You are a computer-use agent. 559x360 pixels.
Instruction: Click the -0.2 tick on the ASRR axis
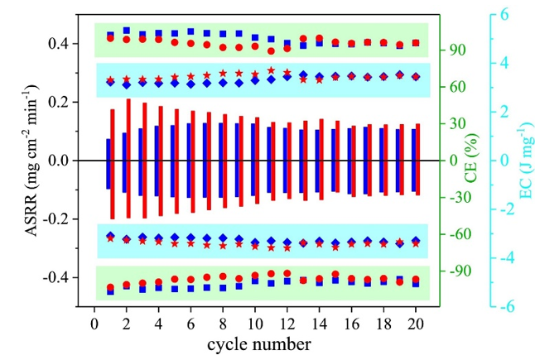60,219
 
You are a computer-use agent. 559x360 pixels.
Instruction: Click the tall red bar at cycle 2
128,158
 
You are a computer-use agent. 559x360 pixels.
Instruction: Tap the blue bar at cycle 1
108,164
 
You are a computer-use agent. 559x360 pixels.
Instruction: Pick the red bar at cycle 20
418,159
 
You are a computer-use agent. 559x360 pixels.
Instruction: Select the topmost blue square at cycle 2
127,31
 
